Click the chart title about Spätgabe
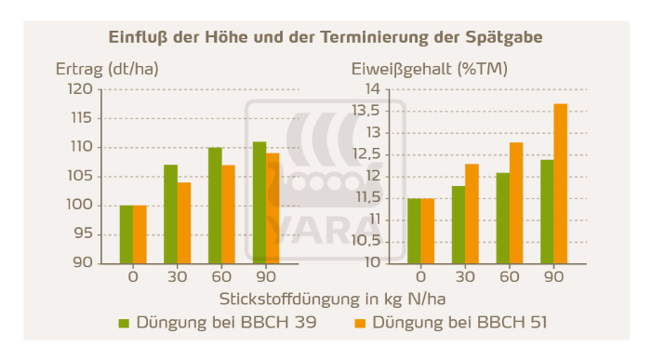[x=325, y=37]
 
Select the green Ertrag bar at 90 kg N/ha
[x=259, y=202]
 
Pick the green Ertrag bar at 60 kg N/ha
[x=215, y=205]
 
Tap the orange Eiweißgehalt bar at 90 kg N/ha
[x=560, y=182]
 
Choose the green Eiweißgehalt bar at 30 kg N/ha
[x=458, y=224]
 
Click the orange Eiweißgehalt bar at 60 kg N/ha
[x=516, y=202]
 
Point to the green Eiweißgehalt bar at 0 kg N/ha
[x=414, y=230]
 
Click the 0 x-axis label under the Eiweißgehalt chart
[x=420, y=276]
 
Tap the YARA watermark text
[x=326, y=228]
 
